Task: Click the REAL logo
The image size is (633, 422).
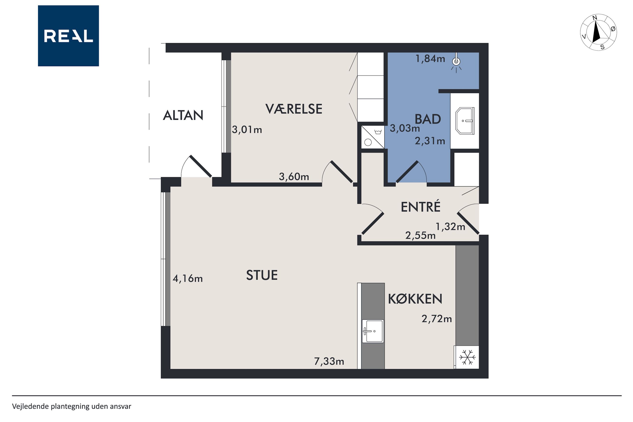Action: [x=68, y=36]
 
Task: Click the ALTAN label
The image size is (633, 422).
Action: [x=183, y=115]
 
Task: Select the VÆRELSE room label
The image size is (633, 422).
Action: [x=294, y=109]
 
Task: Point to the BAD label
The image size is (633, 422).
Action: [x=428, y=119]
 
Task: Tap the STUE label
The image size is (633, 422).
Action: [x=262, y=275]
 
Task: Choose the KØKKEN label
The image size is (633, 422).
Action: [x=415, y=299]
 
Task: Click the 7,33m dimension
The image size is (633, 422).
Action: [x=329, y=361]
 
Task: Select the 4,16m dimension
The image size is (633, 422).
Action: [x=187, y=279]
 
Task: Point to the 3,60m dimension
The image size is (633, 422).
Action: [x=294, y=177]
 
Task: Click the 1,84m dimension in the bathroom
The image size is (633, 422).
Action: [x=430, y=58]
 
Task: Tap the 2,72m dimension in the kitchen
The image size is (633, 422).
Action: [x=437, y=319]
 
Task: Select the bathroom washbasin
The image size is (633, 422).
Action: [x=465, y=121]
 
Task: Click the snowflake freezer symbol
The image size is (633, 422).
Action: [x=467, y=357]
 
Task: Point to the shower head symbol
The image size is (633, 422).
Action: [x=456, y=63]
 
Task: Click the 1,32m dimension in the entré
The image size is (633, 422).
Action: [x=450, y=227]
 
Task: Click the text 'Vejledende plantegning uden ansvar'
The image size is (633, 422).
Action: [x=72, y=406]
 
